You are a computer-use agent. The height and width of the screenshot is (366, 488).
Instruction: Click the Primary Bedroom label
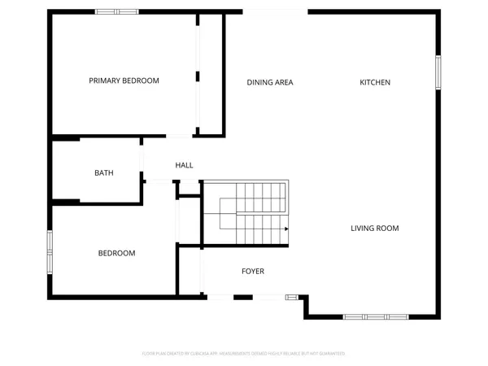click(x=124, y=81)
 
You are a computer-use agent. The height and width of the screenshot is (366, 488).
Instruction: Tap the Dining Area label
click(x=270, y=82)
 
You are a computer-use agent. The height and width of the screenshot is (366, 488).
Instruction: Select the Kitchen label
click(x=376, y=82)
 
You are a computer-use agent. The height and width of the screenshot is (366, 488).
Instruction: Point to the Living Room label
click(x=375, y=229)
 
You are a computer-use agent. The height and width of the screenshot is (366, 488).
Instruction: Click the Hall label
click(x=185, y=166)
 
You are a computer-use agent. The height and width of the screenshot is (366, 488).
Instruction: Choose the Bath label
click(x=104, y=173)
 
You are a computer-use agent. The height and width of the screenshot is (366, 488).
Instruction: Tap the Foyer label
click(x=253, y=272)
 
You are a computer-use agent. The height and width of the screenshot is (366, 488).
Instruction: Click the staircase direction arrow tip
click(x=288, y=229)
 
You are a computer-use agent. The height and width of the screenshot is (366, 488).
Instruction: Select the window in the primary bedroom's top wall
click(x=117, y=11)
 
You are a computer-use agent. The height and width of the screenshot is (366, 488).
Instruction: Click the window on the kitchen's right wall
click(x=437, y=72)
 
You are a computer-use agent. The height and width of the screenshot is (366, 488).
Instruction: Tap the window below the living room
click(x=375, y=316)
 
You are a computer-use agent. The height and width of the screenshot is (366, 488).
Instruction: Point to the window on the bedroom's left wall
click(x=50, y=252)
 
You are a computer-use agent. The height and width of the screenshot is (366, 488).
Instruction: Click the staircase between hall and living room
click(x=245, y=213)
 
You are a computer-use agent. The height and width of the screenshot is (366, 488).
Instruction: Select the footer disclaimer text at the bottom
click(x=244, y=354)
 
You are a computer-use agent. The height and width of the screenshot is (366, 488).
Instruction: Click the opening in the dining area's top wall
click(x=275, y=11)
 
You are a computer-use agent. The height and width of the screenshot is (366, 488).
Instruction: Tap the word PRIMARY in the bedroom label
click(x=105, y=81)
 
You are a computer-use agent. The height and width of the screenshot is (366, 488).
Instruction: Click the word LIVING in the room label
click(x=363, y=229)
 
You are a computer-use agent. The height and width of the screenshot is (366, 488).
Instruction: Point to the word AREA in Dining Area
click(x=283, y=82)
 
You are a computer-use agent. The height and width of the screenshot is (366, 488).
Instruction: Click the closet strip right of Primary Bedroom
click(x=210, y=73)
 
